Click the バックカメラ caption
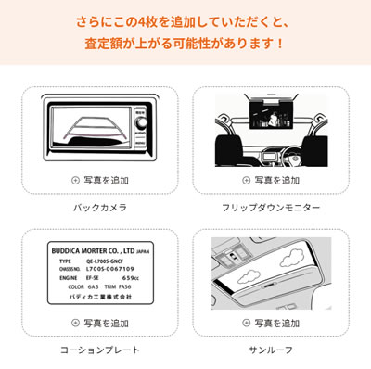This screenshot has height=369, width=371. tap(100, 208)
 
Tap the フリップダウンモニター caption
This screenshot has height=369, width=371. tap(271, 208)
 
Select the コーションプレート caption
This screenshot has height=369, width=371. tap(100, 350)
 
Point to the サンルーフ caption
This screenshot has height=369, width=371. tap(271, 350)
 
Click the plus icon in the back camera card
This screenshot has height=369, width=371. tap(75, 180)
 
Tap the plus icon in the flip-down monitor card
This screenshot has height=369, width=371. tap(246, 180)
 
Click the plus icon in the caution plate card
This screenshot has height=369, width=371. tap(75, 323)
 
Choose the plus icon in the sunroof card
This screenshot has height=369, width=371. tap(246, 323)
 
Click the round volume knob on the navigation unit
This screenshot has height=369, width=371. tap(141, 122)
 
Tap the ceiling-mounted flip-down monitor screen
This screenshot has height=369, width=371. tap(271, 115)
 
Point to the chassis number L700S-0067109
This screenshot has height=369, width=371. tap(110, 269)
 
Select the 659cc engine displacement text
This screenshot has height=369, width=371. tap(131, 278)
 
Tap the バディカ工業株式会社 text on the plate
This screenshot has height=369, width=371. tap(100, 297)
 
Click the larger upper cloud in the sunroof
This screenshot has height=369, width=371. tap(291, 256)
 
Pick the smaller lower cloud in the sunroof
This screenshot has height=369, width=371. tap(249, 275)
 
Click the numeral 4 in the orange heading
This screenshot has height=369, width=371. tap(140, 22)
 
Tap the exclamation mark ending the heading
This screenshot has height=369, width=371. tap(280, 44)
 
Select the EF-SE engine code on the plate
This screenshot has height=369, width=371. tap(93, 278)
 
